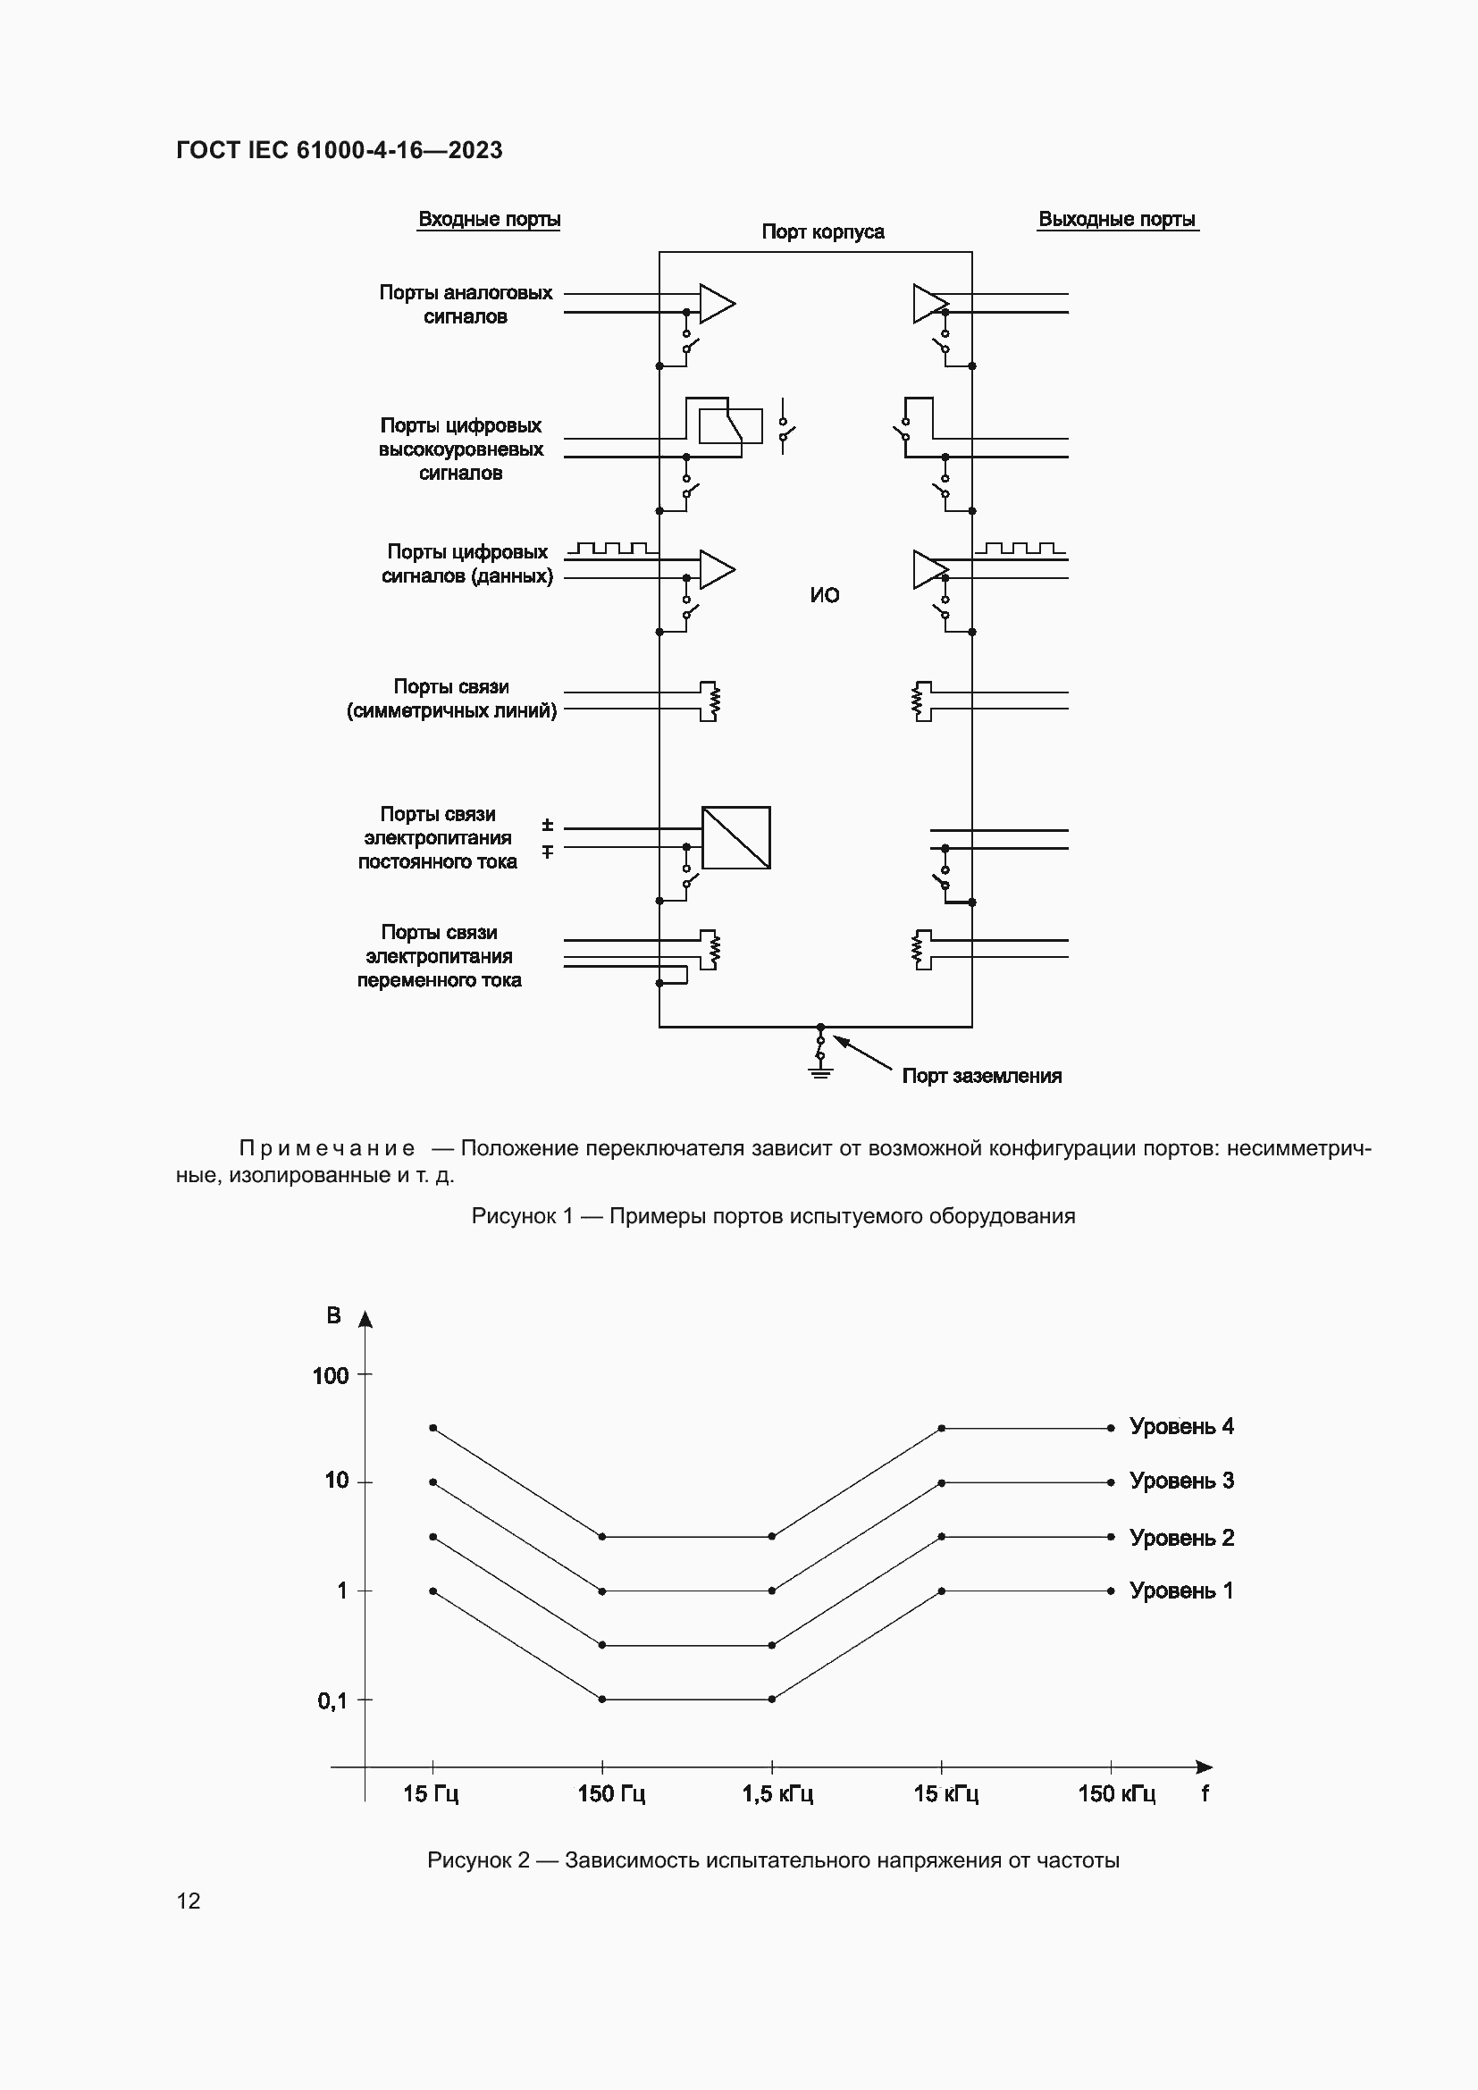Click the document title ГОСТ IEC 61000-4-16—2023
tap(339, 150)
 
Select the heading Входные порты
tap(489, 220)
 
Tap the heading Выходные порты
tap(1117, 220)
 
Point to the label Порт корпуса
tap(823, 232)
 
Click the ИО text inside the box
tap(825, 595)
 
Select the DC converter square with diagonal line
tap(736, 837)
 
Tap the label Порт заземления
tap(981, 1076)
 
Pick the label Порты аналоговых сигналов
tap(465, 305)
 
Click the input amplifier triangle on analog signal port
tap(716, 303)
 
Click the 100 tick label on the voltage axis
tap(331, 1376)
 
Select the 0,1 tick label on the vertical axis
tap(332, 1700)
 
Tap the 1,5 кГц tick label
tap(777, 1794)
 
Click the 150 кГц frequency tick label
tap(1117, 1794)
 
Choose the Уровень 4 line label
tap(1181, 1426)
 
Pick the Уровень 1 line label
tap(1181, 1591)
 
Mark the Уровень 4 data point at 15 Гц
tap(432, 1428)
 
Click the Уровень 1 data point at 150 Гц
tap(601, 1700)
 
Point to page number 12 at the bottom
tap(189, 1901)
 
